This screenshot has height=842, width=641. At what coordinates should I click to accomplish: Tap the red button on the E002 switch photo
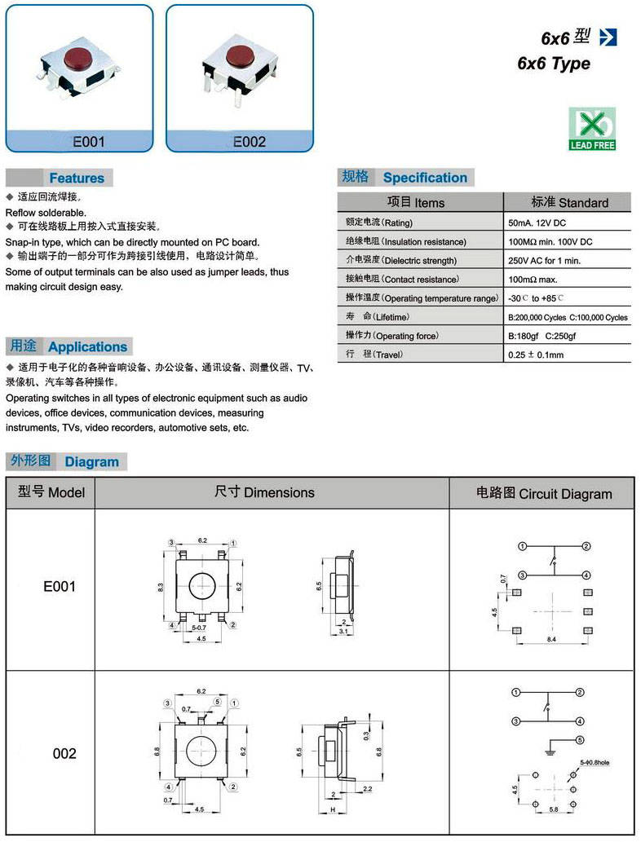pos(238,56)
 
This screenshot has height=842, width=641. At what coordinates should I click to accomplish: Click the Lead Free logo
pos(592,129)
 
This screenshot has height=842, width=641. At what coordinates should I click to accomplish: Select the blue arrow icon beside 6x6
pos(608,37)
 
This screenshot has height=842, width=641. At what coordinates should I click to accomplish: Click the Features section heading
pos(77,178)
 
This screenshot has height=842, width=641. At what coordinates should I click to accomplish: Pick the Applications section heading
pos(87,346)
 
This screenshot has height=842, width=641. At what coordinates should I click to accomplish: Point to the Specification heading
pos(425,178)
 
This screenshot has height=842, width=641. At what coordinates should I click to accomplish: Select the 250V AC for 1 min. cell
pos(544,260)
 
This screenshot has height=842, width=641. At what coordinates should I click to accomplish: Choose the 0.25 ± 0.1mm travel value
pos(535,355)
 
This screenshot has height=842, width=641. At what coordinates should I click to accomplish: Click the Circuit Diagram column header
pos(543,493)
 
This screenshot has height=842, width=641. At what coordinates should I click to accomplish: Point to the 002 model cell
pos(64,754)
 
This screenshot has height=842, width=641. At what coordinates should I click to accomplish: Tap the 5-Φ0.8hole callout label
pos(595,762)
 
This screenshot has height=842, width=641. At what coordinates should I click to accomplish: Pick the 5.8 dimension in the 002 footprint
pos(554,808)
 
